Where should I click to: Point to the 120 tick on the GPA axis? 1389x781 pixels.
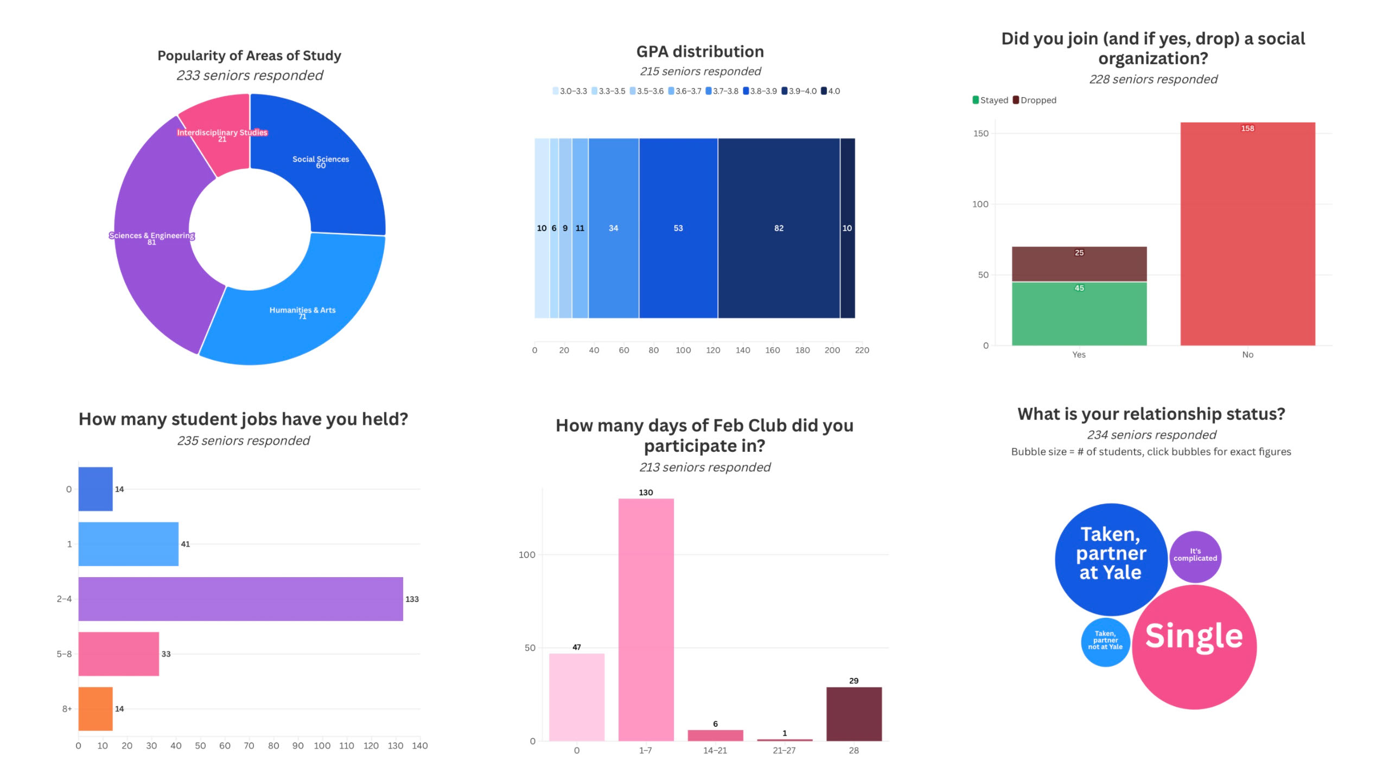click(x=713, y=350)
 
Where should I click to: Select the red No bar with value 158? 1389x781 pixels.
click(x=1247, y=233)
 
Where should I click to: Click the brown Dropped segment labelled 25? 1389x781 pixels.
click(x=1079, y=264)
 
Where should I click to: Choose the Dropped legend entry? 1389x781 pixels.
click(x=1035, y=100)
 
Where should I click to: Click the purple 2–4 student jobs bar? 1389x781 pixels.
click(x=240, y=599)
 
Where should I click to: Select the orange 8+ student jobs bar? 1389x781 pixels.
click(x=95, y=708)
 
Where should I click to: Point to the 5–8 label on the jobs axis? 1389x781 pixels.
click(x=64, y=654)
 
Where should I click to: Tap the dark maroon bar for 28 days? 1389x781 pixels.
click(x=853, y=714)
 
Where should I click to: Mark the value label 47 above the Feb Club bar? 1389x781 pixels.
click(x=576, y=647)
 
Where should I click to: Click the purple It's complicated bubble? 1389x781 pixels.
click(x=1195, y=556)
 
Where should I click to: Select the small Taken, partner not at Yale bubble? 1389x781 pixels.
click(x=1105, y=642)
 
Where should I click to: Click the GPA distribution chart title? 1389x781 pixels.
click(x=700, y=52)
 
